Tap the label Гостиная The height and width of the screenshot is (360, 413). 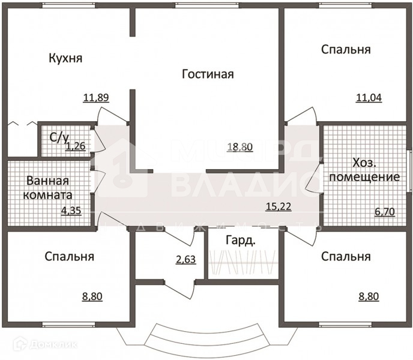click(x=207, y=74)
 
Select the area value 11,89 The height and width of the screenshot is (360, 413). click(x=96, y=98)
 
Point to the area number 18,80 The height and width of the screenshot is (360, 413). click(x=240, y=147)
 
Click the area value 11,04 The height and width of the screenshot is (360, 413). click(x=369, y=98)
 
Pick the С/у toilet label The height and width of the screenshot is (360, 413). click(x=58, y=137)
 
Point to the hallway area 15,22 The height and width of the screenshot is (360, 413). click(x=279, y=207)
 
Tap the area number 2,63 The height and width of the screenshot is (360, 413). click(x=185, y=260)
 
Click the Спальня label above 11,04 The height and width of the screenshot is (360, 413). click(x=345, y=49)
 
